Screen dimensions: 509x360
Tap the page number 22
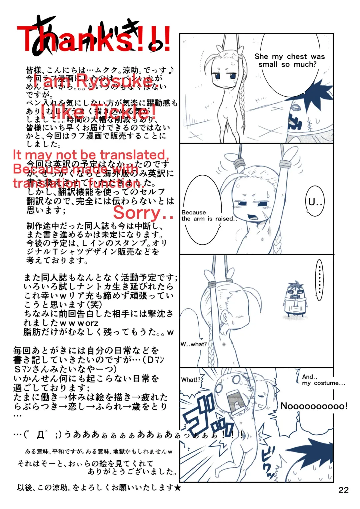[343, 490]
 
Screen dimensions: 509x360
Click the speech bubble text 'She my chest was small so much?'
[289, 60]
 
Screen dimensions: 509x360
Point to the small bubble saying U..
[315, 202]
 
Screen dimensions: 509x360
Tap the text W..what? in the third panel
[194, 344]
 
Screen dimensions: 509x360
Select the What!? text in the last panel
[191, 380]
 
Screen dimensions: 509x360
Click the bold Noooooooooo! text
[314, 406]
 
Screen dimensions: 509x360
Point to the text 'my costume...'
[323, 383]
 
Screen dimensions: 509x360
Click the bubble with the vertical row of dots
[319, 280]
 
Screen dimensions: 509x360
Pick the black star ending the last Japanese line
[178, 488]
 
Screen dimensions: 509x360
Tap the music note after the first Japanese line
[171, 70]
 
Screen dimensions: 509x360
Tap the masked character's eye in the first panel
[295, 108]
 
